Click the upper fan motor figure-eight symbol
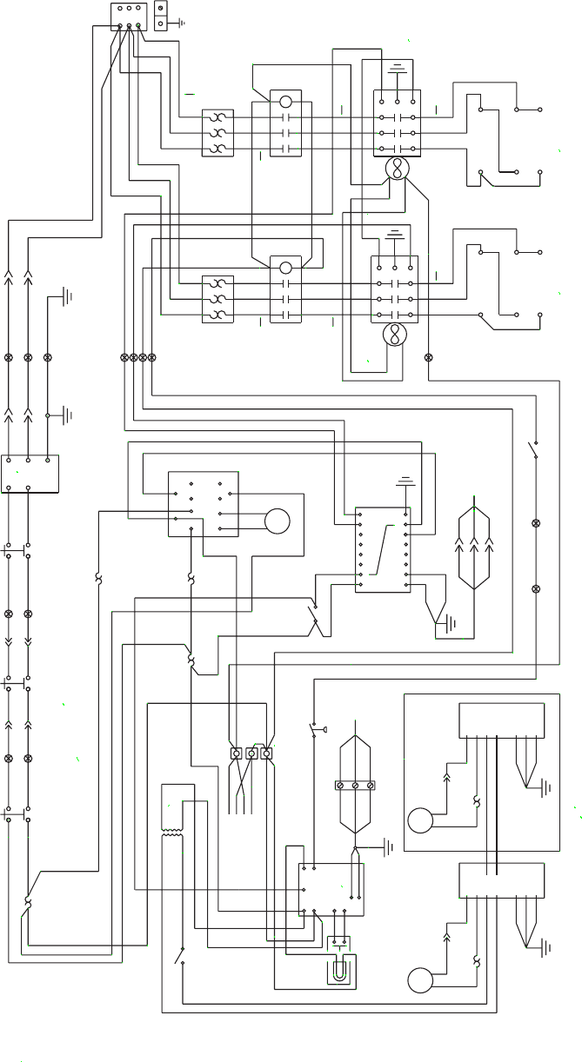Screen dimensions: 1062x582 tap(398, 169)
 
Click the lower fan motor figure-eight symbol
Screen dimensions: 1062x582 tap(396, 335)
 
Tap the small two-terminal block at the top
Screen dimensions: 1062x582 tap(161, 16)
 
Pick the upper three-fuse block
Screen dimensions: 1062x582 tap(217, 133)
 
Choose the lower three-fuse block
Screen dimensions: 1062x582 tap(217, 299)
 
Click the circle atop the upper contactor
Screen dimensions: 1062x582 tap(285, 102)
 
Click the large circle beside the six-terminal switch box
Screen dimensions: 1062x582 tap(277, 521)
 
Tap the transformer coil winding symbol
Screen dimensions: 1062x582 tap(171, 833)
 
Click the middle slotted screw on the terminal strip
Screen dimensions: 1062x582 tap(355, 786)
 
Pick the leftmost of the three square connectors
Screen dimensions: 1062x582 tap(236, 753)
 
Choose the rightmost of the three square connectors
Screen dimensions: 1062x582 tap(266, 753)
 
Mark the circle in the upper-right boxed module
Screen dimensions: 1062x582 tap(420, 820)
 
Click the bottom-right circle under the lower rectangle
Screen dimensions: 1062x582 tap(420, 980)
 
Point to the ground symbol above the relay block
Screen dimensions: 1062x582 tap(405, 481)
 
